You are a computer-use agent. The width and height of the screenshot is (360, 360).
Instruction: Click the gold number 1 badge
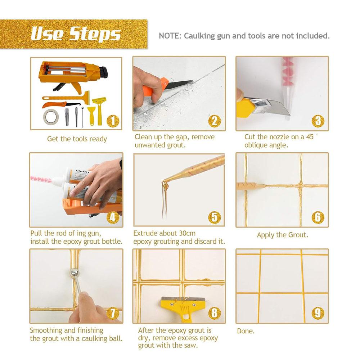point(113,121)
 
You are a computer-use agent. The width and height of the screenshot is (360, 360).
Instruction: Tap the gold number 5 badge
point(214,217)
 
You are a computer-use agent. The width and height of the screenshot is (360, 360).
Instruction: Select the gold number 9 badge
point(318,313)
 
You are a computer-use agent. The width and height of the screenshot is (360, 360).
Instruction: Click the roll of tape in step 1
point(51,117)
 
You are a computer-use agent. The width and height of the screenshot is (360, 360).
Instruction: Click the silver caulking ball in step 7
point(74,273)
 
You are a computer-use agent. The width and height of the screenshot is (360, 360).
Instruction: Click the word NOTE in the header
point(168,36)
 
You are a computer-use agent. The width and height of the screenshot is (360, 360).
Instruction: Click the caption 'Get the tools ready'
point(77,139)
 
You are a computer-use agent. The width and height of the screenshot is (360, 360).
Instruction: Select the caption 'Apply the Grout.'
point(282,235)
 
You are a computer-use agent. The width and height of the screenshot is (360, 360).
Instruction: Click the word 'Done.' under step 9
point(246,331)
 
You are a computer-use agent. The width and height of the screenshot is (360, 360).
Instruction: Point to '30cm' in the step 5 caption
point(187,233)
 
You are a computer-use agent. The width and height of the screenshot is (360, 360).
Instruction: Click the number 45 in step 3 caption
point(310,137)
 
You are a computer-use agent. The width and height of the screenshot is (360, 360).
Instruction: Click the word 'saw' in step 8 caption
point(190,346)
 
